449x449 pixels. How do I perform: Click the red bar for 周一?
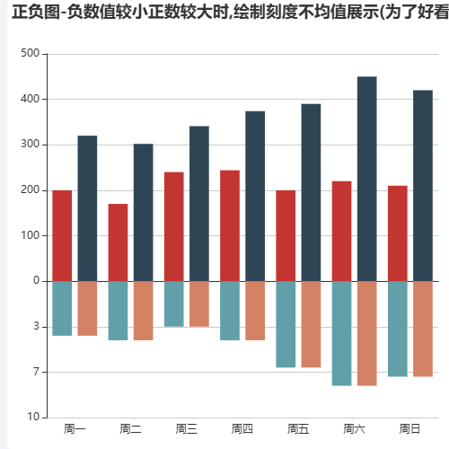pyautogui.click(x=62, y=235)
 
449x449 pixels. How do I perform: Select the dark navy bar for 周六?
pyautogui.click(x=366, y=179)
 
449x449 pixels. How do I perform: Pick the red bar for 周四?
pyautogui.click(x=230, y=225)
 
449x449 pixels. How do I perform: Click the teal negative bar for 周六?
pyautogui.click(x=341, y=333)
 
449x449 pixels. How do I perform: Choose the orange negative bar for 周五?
pyautogui.click(x=311, y=324)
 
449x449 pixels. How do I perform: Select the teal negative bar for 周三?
pyautogui.click(x=174, y=304)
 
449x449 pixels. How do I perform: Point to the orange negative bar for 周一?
pyautogui.click(x=87, y=308)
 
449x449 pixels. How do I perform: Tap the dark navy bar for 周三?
pyautogui.click(x=199, y=204)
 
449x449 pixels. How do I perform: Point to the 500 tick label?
pyautogui.click(x=30, y=54)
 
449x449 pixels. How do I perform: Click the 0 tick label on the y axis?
pyautogui.click(x=35, y=281)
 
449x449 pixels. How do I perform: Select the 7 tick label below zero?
pyautogui.click(x=35, y=372)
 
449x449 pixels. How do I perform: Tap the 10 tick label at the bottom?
pyautogui.click(x=32, y=418)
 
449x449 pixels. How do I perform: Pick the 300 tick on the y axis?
pyautogui.click(x=30, y=145)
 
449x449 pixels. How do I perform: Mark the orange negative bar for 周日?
pyautogui.click(x=423, y=329)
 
